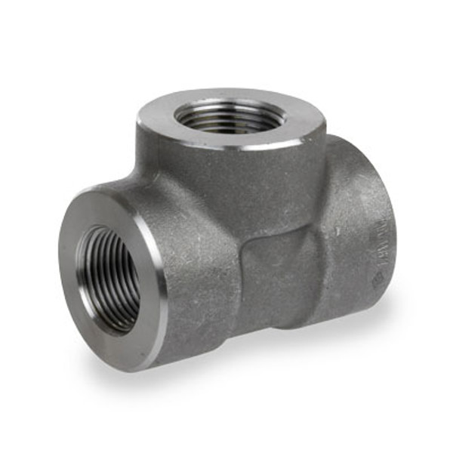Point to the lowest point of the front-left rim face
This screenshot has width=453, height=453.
(x=125, y=365)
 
